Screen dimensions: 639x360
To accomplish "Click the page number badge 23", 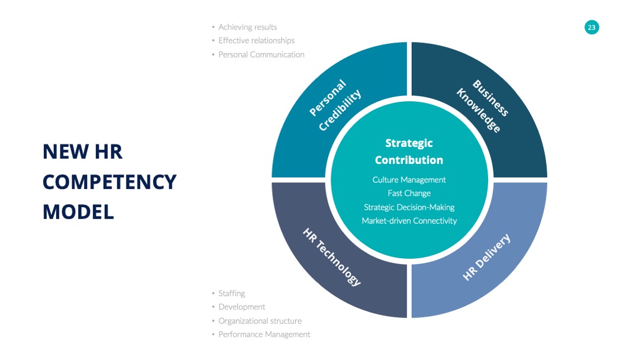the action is (x=591, y=27).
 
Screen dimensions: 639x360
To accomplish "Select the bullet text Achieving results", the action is (x=247, y=27).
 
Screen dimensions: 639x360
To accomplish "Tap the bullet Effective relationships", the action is (x=256, y=40).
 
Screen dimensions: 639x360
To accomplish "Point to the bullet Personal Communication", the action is (x=262, y=54).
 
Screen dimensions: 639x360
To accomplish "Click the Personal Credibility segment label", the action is (x=335, y=105).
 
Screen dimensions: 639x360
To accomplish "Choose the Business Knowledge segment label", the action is (x=483, y=106).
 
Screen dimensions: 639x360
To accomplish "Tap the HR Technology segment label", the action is (x=332, y=257).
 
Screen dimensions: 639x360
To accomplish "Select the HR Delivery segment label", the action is (x=486, y=257).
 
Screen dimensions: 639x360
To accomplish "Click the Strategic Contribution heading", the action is (x=409, y=151).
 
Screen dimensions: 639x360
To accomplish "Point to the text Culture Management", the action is (x=409, y=179).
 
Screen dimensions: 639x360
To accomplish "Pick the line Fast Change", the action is (x=409, y=193).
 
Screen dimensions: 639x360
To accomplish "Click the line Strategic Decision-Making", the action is (x=409, y=207).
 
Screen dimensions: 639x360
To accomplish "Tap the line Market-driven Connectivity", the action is (x=409, y=221).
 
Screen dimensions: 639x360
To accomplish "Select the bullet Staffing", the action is (x=231, y=293).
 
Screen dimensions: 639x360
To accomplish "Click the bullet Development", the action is (x=241, y=307).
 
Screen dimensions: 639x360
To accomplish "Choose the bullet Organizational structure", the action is (x=260, y=321).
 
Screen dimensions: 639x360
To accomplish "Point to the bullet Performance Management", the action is (x=264, y=335).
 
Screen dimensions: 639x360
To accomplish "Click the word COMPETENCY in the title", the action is (x=109, y=182).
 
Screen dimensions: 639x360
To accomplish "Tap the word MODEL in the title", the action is (x=78, y=212).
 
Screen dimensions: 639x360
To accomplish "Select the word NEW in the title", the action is (x=66, y=152).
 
